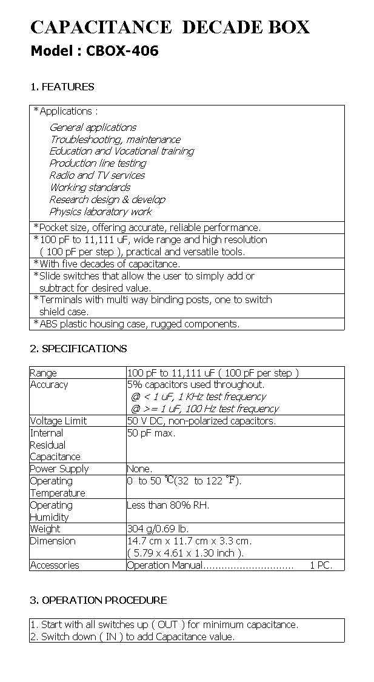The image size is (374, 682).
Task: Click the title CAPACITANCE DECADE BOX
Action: tap(170, 27)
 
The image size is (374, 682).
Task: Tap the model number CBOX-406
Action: tap(122, 51)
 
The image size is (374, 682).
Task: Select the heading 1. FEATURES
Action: tap(62, 87)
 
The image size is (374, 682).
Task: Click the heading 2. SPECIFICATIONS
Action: tap(79, 349)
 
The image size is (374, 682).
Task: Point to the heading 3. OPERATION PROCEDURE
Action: tap(99, 600)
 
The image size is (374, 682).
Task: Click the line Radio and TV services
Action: tap(97, 175)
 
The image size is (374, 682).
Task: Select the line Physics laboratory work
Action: tap(101, 212)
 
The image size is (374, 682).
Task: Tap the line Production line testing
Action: tap(98, 163)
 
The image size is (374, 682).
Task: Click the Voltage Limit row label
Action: tap(58, 421)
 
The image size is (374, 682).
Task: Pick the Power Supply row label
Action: tap(59, 469)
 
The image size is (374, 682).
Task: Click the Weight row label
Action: tap(45, 529)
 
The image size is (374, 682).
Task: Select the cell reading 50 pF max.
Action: tap(151, 433)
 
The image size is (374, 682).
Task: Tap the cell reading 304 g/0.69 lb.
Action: tap(161, 529)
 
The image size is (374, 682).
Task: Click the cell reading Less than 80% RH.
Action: tap(168, 505)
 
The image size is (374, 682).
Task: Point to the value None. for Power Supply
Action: tap(139, 469)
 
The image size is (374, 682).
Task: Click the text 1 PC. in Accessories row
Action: tap(321, 565)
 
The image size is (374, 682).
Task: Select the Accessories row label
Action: tap(55, 565)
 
